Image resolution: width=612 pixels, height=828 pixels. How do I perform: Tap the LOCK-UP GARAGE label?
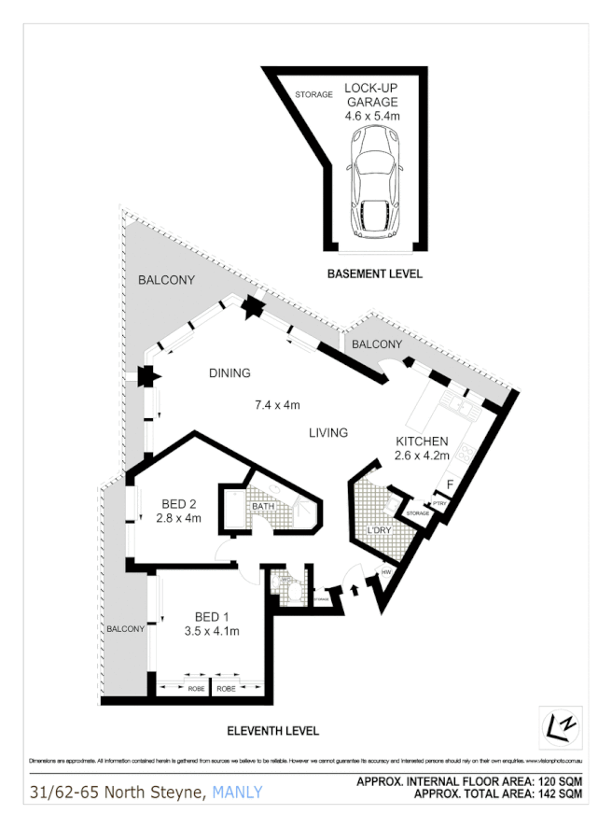pos(371,95)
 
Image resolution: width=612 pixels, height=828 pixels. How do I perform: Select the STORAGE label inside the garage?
pos(313,95)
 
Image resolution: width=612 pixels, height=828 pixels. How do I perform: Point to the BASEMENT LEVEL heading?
pos(374,274)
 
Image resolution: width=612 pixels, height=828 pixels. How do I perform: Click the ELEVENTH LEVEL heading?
pos(273,731)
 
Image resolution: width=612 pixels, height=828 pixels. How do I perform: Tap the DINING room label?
pos(229,373)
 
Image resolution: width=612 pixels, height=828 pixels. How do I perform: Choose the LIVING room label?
pos(327,433)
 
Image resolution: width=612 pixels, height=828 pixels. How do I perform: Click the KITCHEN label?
pos(422,442)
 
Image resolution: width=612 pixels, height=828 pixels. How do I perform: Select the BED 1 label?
pos(212,617)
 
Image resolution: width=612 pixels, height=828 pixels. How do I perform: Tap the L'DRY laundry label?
pos(379,531)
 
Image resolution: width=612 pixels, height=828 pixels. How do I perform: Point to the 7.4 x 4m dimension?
pos(278,405)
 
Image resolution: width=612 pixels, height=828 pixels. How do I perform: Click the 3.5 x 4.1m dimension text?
pos(212,631)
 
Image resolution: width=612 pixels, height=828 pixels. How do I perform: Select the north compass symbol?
pos(559,725)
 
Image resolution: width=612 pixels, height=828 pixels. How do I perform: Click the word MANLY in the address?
pos(237,793)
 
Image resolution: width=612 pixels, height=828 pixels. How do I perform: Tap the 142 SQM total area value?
pos(558,795)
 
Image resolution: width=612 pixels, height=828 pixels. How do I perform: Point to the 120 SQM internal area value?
pos(558,782)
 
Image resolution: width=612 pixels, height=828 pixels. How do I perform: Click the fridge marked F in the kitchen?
pos(450,485)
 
